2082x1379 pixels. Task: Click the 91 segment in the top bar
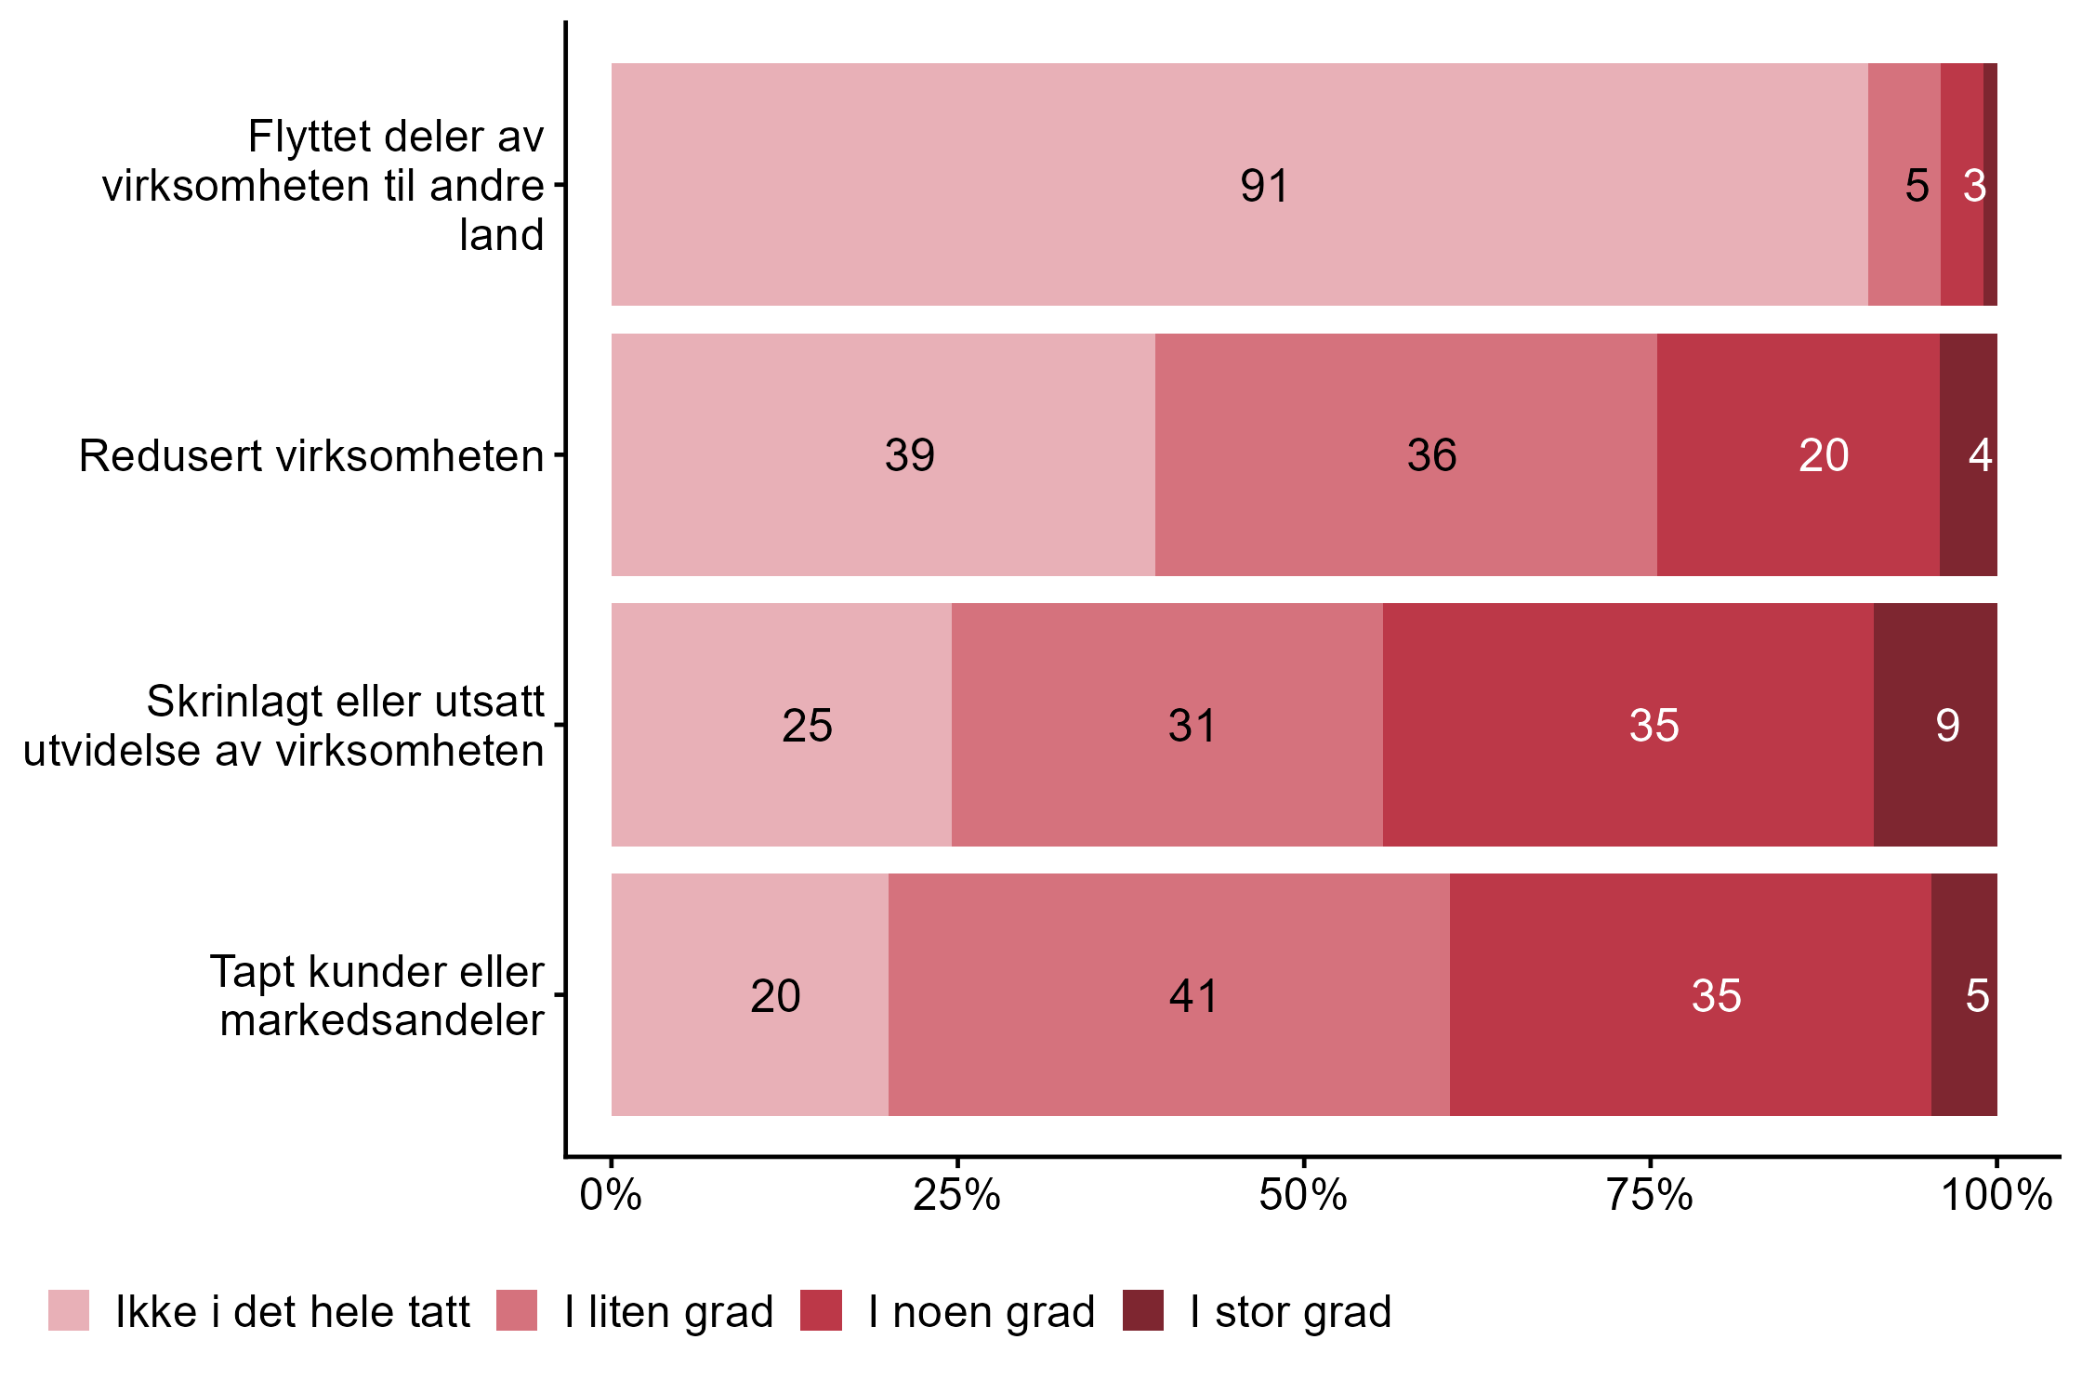tap(1239, 184)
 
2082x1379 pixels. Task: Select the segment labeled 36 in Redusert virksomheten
tap(1405, 454)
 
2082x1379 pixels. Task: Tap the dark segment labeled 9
tap(1935, 725)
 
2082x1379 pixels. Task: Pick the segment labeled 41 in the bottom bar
tap(1168, 995)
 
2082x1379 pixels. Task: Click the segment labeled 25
tap(782, 725)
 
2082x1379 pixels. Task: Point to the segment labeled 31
tap(1166, 725)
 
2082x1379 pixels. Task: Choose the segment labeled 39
tap(883, 454)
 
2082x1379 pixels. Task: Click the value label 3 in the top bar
tap(1974, 186)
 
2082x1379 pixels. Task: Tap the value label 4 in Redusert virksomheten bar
tap(1980, 455)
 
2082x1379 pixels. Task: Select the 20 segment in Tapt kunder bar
tap(750, 995)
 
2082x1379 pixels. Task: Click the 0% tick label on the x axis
tap(611, 1195)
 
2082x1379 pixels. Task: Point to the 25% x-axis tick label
tap(956, 1195)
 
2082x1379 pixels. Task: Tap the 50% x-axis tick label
tap(1303, 1195)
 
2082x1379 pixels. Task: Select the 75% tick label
tap(1650, 1195)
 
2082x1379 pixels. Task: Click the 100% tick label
tap(1996, 1195)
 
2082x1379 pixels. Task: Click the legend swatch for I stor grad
tap(1142, 1310)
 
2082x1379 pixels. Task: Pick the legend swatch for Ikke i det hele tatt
tap(69, 1310)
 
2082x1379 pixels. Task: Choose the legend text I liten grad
tap(668, 1312)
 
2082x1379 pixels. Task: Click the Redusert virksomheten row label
tap(311, 456)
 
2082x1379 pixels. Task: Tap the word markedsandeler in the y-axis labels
tap(382, 1020)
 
